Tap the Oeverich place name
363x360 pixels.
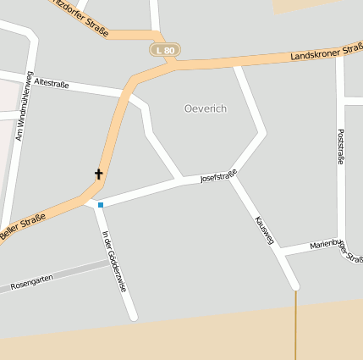pyautogui.click(x=206, y=108)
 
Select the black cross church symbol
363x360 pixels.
pyautogui.click(x=98, y=174)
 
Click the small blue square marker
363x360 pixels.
pyautogui.click(x=101, y=205)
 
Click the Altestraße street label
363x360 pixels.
pyautogui.click(x=54, y=83)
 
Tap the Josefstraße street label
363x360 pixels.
pyautogui.click(x=218, y=176)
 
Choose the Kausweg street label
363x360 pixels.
pyautogui.click(x=264, y=230)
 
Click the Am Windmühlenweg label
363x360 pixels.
pyautogui.click(x=23, y=106)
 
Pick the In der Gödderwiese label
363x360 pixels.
pyautogui.click(x=114, y=262)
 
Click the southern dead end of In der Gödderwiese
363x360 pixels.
pyautogui.click(x=133, y=317)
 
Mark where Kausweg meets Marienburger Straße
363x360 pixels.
pyautogui.click(x=279, y=252)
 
